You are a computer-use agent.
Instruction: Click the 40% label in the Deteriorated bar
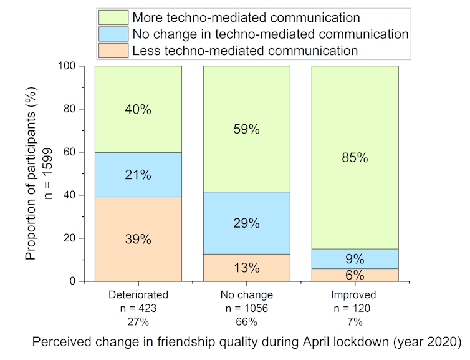pyautogui.click(x=138, y=109)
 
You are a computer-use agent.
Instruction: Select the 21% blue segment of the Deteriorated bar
pyautogui.click(x=138, y=175)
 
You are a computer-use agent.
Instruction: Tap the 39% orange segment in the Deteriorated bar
pyautogui.click(x=138, y=239)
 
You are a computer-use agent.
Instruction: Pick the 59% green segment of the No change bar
pyautogui.click(x=246, y=130)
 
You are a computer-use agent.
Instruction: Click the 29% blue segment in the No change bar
pyautogui.click(x=246, y=223)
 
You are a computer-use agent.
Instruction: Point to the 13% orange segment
pyautogui.click(x=246, y=268)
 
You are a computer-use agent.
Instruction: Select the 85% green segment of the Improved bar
pyautogui.click(x=355, y=157)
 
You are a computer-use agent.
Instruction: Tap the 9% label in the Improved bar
pyautogui.click(x=355, y=258)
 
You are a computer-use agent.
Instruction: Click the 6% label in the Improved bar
pyautogui.click(x=355, y=275)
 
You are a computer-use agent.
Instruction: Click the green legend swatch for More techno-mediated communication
pyautogui.click(x=113, y=17)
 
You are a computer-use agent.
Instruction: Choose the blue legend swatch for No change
pyautogui.click(x=113, y=34)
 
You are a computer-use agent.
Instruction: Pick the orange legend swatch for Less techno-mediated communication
pyautogui.click(x=113, y=51)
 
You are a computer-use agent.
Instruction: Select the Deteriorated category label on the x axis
pyautogui.click(x=138, y=294)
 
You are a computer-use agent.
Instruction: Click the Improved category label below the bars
pyautogui.click(x=355, y=294)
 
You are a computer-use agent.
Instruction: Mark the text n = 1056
pyautogui.click(x=246, y=308)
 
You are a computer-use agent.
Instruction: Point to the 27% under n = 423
pyautogui.click(x=138, y=322)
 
